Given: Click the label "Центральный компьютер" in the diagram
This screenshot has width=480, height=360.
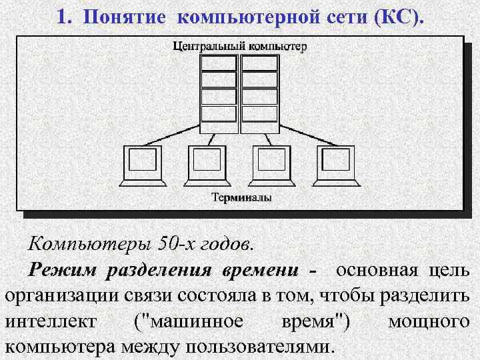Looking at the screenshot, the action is [x=239, y=46].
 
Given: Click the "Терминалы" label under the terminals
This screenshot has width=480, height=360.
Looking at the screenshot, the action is [x=241, y=198].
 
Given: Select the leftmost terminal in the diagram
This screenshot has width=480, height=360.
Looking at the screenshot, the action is [x=143, y=165].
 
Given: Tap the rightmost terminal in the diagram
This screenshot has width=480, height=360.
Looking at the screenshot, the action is [x=338, y=165].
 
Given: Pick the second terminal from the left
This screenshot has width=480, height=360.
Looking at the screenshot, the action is [x=208, y=165].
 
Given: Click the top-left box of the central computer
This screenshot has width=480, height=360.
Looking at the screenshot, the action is [x=219, y=63].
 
